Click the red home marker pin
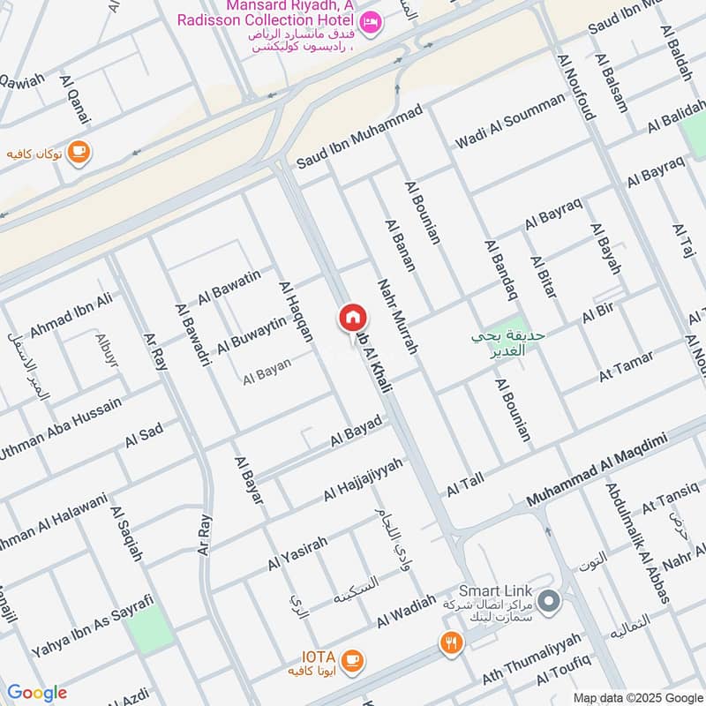[x=351, y=318]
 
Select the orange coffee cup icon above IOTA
[x=351, y=658]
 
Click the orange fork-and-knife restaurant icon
[x=451, y=643]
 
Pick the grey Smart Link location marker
[x=550, y=602]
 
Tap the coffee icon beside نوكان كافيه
[x=79, y=152]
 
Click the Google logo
[x=36, y=693]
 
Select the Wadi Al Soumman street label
[x=509, y=121]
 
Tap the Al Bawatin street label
[x=229, y=288]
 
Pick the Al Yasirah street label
[x=298, y=552]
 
